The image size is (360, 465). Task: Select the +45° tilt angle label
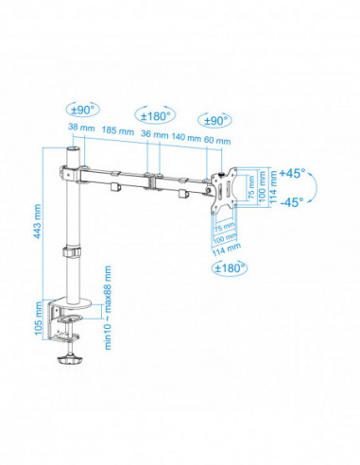(x=291, y=173)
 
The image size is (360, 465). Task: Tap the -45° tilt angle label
(x=291, y=200)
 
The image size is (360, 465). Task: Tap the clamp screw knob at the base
(x=69, y=359)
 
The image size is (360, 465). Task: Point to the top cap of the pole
(x=70, y=150)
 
